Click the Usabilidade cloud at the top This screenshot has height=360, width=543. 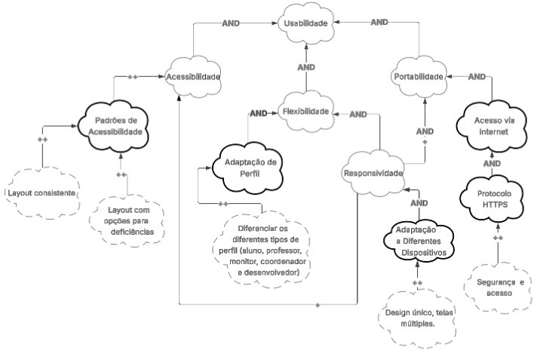click(x=305, y=24)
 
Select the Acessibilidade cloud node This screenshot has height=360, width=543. click(x=194, y=76)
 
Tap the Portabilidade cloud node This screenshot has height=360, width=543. click(x=416, y=76)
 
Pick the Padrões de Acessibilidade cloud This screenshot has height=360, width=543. click(x=115, y=126)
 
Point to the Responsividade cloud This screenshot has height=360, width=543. click(x=373, y=171)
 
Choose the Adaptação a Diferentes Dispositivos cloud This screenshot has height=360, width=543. click(x=417, y=241)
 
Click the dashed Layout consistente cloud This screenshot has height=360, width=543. click(x=41, y=193)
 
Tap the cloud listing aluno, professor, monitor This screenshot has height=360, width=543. click(x=262, y=250)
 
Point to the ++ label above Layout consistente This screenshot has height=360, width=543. click(x=42, y=140)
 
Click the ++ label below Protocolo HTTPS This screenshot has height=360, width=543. click(x=498, y=238)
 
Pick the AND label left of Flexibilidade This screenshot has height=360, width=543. click(x=259, y=113)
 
